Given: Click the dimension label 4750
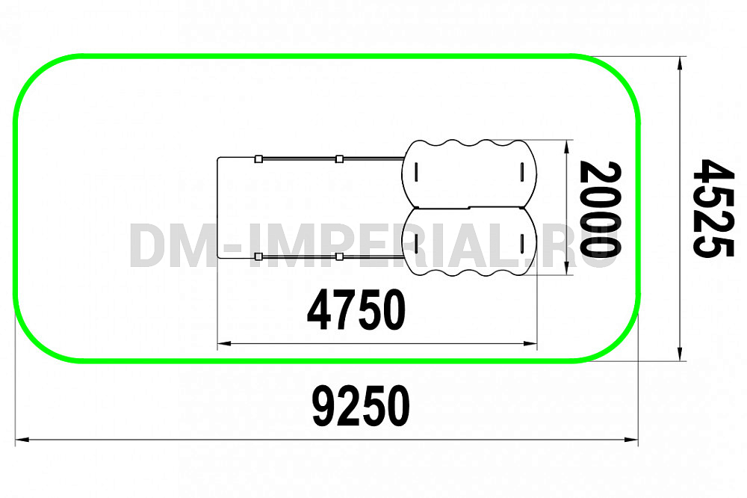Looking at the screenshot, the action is pyautogui.click(x=356, y=310).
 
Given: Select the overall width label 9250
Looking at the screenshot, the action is pyautogui.click(x=361, y=406).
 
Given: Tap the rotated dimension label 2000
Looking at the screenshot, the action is pyautogui.click(x=601, y=209).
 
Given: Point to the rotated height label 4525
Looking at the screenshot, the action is pyautogui.click(x=713, y=208).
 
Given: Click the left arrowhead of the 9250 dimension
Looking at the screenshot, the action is pyautogui.click(x=22, y=440).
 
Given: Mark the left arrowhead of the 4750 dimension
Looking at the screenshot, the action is pyautogui.click(x=224, y=343).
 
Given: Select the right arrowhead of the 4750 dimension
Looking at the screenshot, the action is pyautogui.click(x=530, y=343).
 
